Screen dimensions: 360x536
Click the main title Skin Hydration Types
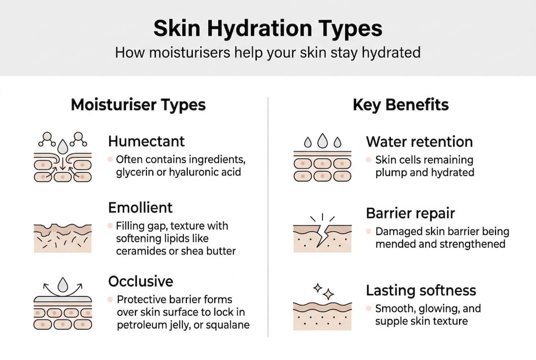point(268,29)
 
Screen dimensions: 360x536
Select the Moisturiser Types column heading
point(138,105)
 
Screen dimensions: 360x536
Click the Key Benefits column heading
point(401,105)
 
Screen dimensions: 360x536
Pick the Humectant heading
point(146,141)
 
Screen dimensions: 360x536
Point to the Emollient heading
point(140,207)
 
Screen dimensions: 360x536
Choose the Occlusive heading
point(140,281)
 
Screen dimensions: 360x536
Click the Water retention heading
point(419,141)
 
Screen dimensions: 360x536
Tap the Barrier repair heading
point(410,213)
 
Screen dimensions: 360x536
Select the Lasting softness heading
point(421,290)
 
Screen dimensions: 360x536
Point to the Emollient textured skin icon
point(63,237)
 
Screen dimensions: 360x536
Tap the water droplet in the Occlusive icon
point(63,285)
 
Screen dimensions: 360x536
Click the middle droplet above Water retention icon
point(323,140)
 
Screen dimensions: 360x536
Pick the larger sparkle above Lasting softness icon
point(328,294)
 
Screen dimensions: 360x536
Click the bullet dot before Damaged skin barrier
point(369,232)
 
